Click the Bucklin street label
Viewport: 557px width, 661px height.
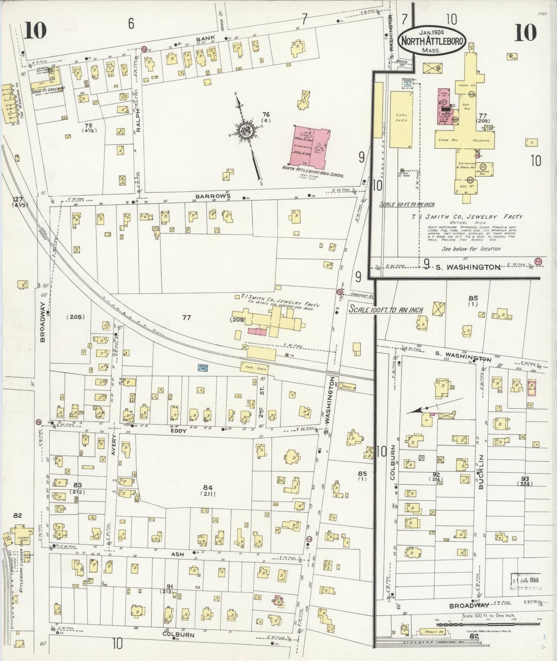pos(481,476)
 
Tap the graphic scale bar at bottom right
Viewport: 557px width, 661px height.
pos(488,622)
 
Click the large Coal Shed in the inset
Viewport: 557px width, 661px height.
pos(401,120)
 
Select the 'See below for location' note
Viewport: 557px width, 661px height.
pos(471,249)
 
